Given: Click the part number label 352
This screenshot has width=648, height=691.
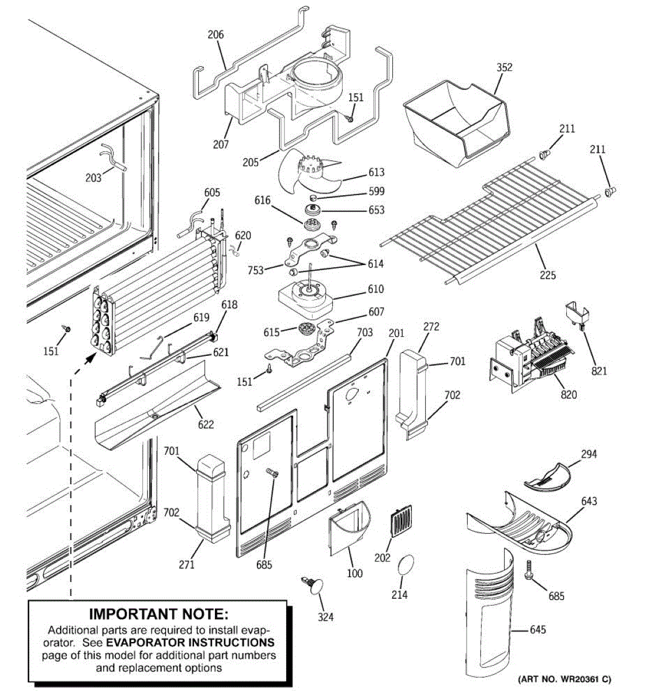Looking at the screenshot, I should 504,67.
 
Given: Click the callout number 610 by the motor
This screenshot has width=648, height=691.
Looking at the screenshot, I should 376,289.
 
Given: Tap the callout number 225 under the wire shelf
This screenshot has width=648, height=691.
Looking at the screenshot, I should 548,275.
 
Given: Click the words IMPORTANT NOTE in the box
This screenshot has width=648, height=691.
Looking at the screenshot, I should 158,614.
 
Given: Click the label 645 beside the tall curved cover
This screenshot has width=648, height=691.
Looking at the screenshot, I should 537,630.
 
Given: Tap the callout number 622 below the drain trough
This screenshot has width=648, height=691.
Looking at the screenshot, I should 206,424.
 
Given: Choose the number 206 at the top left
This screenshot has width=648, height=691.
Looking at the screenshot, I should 215,35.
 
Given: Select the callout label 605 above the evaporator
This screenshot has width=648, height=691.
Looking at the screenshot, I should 212,192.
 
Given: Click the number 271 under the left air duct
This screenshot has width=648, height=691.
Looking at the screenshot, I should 187,565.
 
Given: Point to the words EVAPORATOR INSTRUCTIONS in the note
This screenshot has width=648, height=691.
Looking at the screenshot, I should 190,642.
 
